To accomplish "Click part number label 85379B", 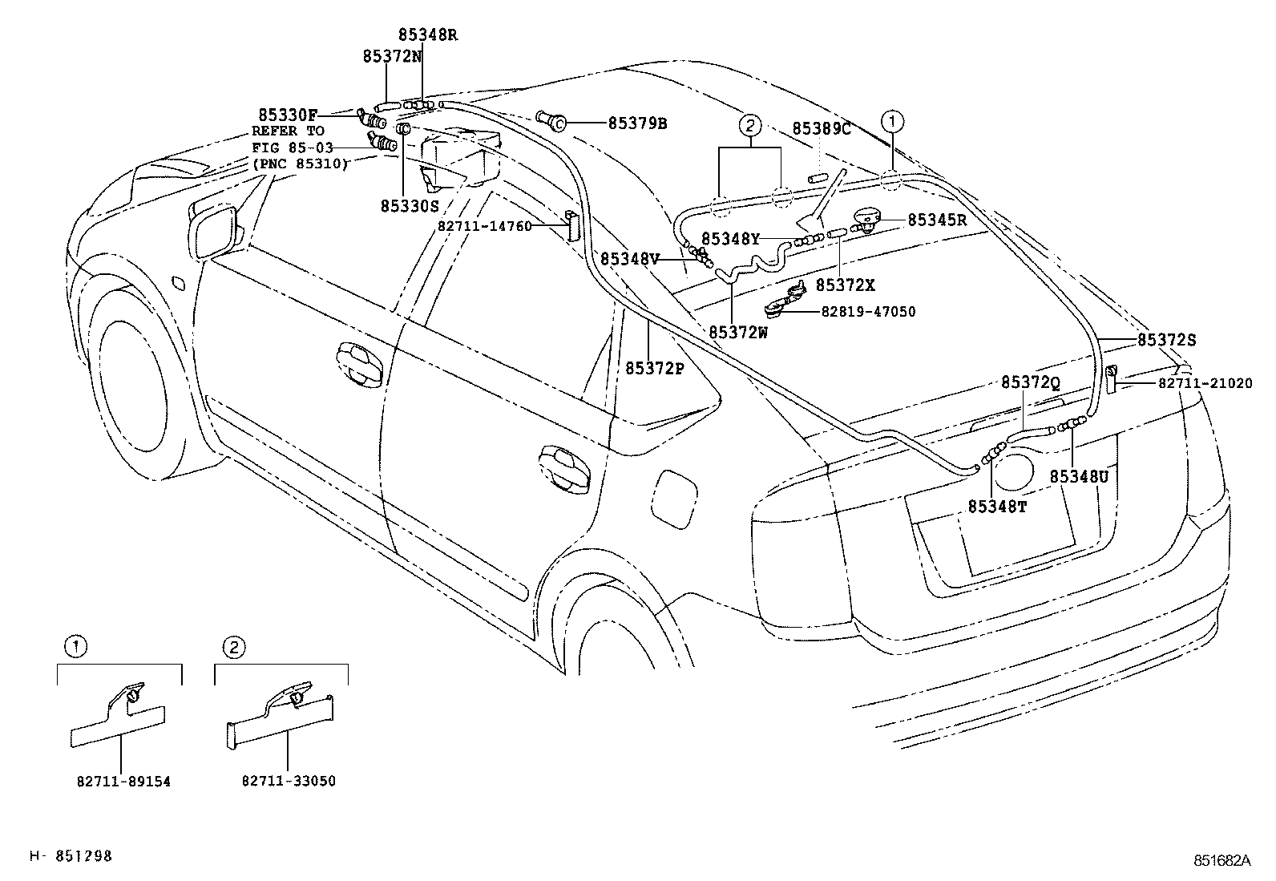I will (637, 123).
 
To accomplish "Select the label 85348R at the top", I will (428, 35).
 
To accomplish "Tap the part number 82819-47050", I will (867, 312).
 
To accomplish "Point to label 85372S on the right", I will (1166, 340).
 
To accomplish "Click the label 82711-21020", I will (1205, 384).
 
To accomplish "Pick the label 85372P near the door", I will (654, 368).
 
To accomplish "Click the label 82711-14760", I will (485, 227).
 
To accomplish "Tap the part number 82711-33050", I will (289, 781).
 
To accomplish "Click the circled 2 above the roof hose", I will (749, 125).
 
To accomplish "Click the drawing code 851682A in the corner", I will (1221, 860).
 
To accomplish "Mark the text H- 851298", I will (71, 856).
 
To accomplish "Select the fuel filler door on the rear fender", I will (672, 497).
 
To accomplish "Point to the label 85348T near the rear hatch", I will (997, 506).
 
